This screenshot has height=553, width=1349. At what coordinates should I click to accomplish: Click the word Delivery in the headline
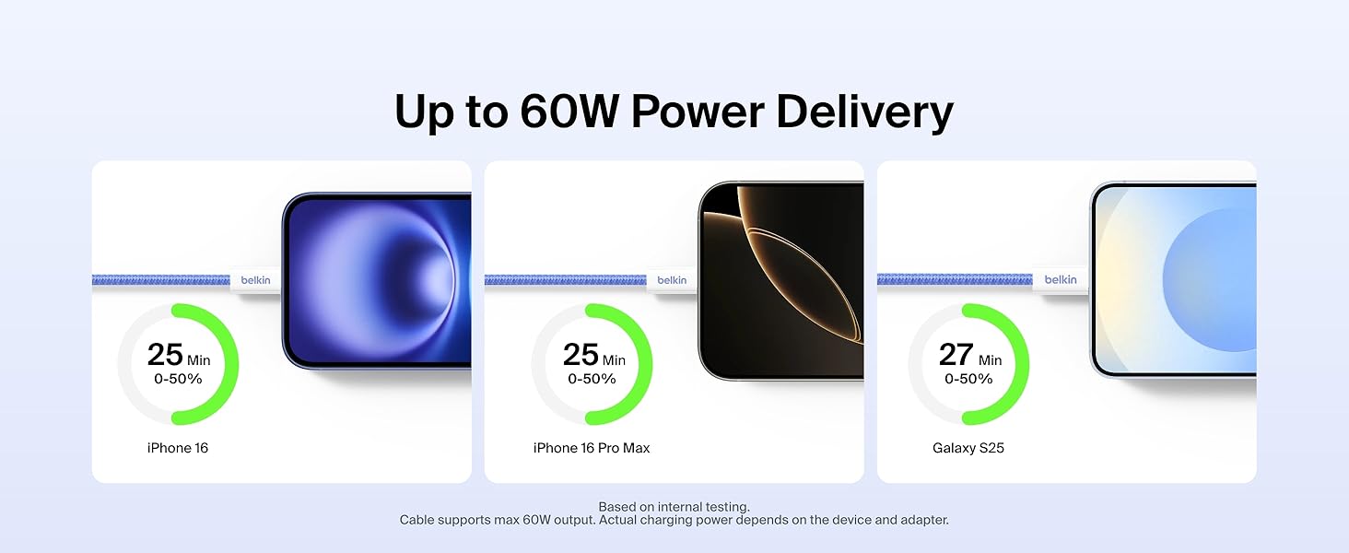(865, 112)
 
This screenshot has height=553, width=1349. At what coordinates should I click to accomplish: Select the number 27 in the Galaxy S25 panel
(956, 354)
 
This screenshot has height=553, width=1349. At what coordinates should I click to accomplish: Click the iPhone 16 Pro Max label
(592, 448)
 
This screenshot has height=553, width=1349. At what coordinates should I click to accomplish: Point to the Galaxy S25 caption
(968, 448)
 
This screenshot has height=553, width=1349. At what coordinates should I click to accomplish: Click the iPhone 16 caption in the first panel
(178, 448)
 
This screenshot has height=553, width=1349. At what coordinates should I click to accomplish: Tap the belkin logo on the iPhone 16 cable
(255, 280)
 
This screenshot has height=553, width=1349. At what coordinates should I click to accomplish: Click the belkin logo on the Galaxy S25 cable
(1061, 279)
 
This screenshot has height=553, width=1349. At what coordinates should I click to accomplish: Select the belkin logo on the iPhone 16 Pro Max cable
(672, 280)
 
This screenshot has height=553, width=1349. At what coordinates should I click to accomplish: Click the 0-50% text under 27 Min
(968, 379)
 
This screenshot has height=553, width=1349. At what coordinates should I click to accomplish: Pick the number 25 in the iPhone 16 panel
(164, 354)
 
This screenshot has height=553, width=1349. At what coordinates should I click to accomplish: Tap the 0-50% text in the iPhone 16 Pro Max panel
(592, 379)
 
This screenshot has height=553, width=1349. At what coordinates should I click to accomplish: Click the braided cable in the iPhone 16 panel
(161, 280)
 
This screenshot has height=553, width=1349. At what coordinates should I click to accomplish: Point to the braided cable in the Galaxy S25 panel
(955, 279)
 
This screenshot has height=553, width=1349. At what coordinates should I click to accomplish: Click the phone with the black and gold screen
(781, 281)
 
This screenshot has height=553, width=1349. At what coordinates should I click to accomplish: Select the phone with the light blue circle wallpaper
(1173, 279)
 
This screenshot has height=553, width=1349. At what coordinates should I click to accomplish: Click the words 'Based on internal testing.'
(674, 507)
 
